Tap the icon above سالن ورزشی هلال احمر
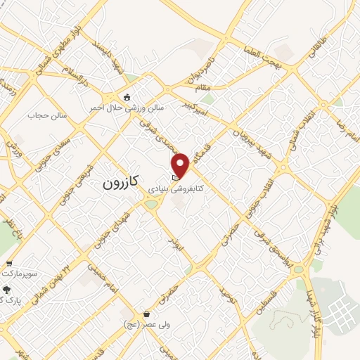coord(127,97)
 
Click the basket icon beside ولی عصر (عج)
coord(146,314)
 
